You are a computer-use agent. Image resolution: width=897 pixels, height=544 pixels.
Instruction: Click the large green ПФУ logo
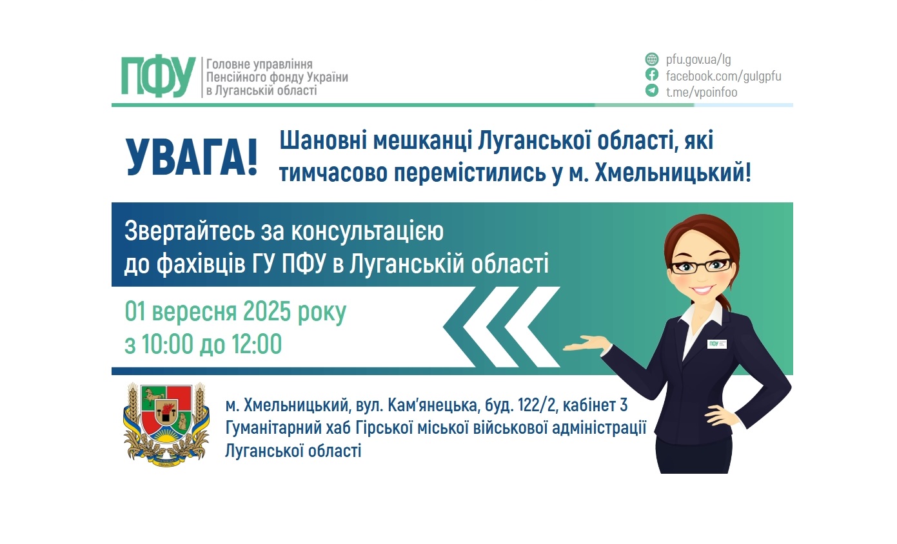158,76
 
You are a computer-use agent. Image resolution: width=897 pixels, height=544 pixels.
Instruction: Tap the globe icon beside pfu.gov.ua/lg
652,60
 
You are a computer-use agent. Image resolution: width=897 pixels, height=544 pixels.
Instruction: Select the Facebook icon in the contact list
652,75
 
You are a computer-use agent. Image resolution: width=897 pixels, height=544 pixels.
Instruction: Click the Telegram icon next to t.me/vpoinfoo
652,91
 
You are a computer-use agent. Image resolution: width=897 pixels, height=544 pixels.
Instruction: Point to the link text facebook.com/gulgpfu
724,76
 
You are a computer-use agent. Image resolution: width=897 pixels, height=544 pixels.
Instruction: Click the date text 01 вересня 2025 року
235,313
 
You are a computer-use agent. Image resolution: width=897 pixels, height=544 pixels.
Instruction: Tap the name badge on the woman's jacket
716,344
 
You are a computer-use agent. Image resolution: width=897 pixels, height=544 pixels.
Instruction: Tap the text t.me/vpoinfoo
702,92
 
